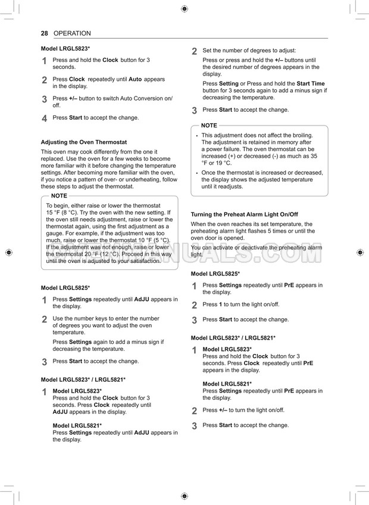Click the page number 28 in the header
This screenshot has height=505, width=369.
pyautogui.click(x=44, y=33)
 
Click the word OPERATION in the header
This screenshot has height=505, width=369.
pyautogui.click(x=72, y=33)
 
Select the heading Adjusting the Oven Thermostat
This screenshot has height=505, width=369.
pyautogui.click(x=83, y=142)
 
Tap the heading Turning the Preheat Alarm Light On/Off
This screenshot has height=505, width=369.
pyautogui.click(x=244, y=214)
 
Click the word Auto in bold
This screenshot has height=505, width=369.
pyautogui.click(x=135, y=79)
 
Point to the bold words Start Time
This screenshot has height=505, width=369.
pyautogui.click(x=311, y=84)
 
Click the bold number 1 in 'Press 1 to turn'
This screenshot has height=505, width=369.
pyautogui.click(x=221, y=305)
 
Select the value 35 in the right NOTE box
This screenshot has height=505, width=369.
pyautogui.click(x=314, y=156)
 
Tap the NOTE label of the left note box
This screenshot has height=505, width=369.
pyautogui.click(x=59, y=196)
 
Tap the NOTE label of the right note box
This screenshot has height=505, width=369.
pyautogui.click(x=209, y=126)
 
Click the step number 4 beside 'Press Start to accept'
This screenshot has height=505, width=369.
pyautogui.click(x=45, y=118)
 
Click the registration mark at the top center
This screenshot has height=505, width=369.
pyautogui.click(x=185, y=9)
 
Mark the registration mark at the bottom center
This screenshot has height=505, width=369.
pyautogui.click(x=185, y=495)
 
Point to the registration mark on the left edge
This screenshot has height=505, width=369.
pyautogui.click(x=8, y=252)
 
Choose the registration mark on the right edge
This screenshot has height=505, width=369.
pyautogui.click(x=361, y=252)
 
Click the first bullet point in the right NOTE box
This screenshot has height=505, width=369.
pyautogui.click(x=197, y=136)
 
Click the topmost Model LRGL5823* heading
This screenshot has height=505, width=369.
pyautogui.click(x=65, y=48)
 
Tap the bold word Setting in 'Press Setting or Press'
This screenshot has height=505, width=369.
pyautogui.click(x=229, y=84)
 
